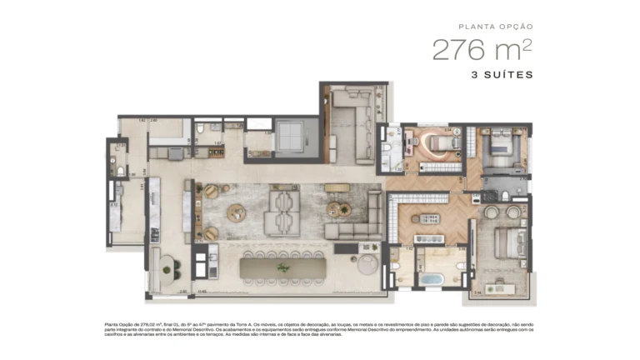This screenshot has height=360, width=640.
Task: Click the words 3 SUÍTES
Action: (500, 74)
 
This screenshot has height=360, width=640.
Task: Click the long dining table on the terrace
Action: (280, 268)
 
